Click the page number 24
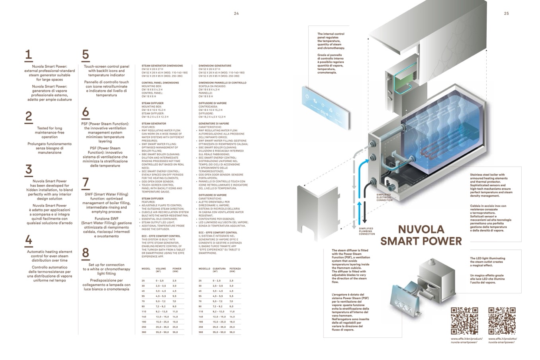pyautogui.click(x=236, y=14)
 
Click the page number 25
pyautogui.click(x=506, y=14)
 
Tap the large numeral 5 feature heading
pyautogui.click(x=85, y=55)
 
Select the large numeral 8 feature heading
pyautogui.click(x=86, y=253)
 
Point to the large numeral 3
pyautogui.click(x=28, y=170)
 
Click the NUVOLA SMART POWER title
pyautogui.click(x=421, y=235)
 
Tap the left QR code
pyautogui.click(x=464, y=321)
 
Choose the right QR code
pyautogui.click(x=502, y=321)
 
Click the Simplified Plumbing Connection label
pyautogui.click(x=367, y=231)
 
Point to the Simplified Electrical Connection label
pyautogui.click(x=384, y=197)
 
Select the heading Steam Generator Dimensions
pyautogui.click(x=162, y=66)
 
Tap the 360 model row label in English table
pyautogui.click(x=143, y=332)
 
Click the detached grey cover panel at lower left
pyautogui.click(x=315, y=211)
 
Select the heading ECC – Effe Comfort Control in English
pyautogui.click(x=161, y=236)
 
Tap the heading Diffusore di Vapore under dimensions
pyautogui.click(x=212, y=103)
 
